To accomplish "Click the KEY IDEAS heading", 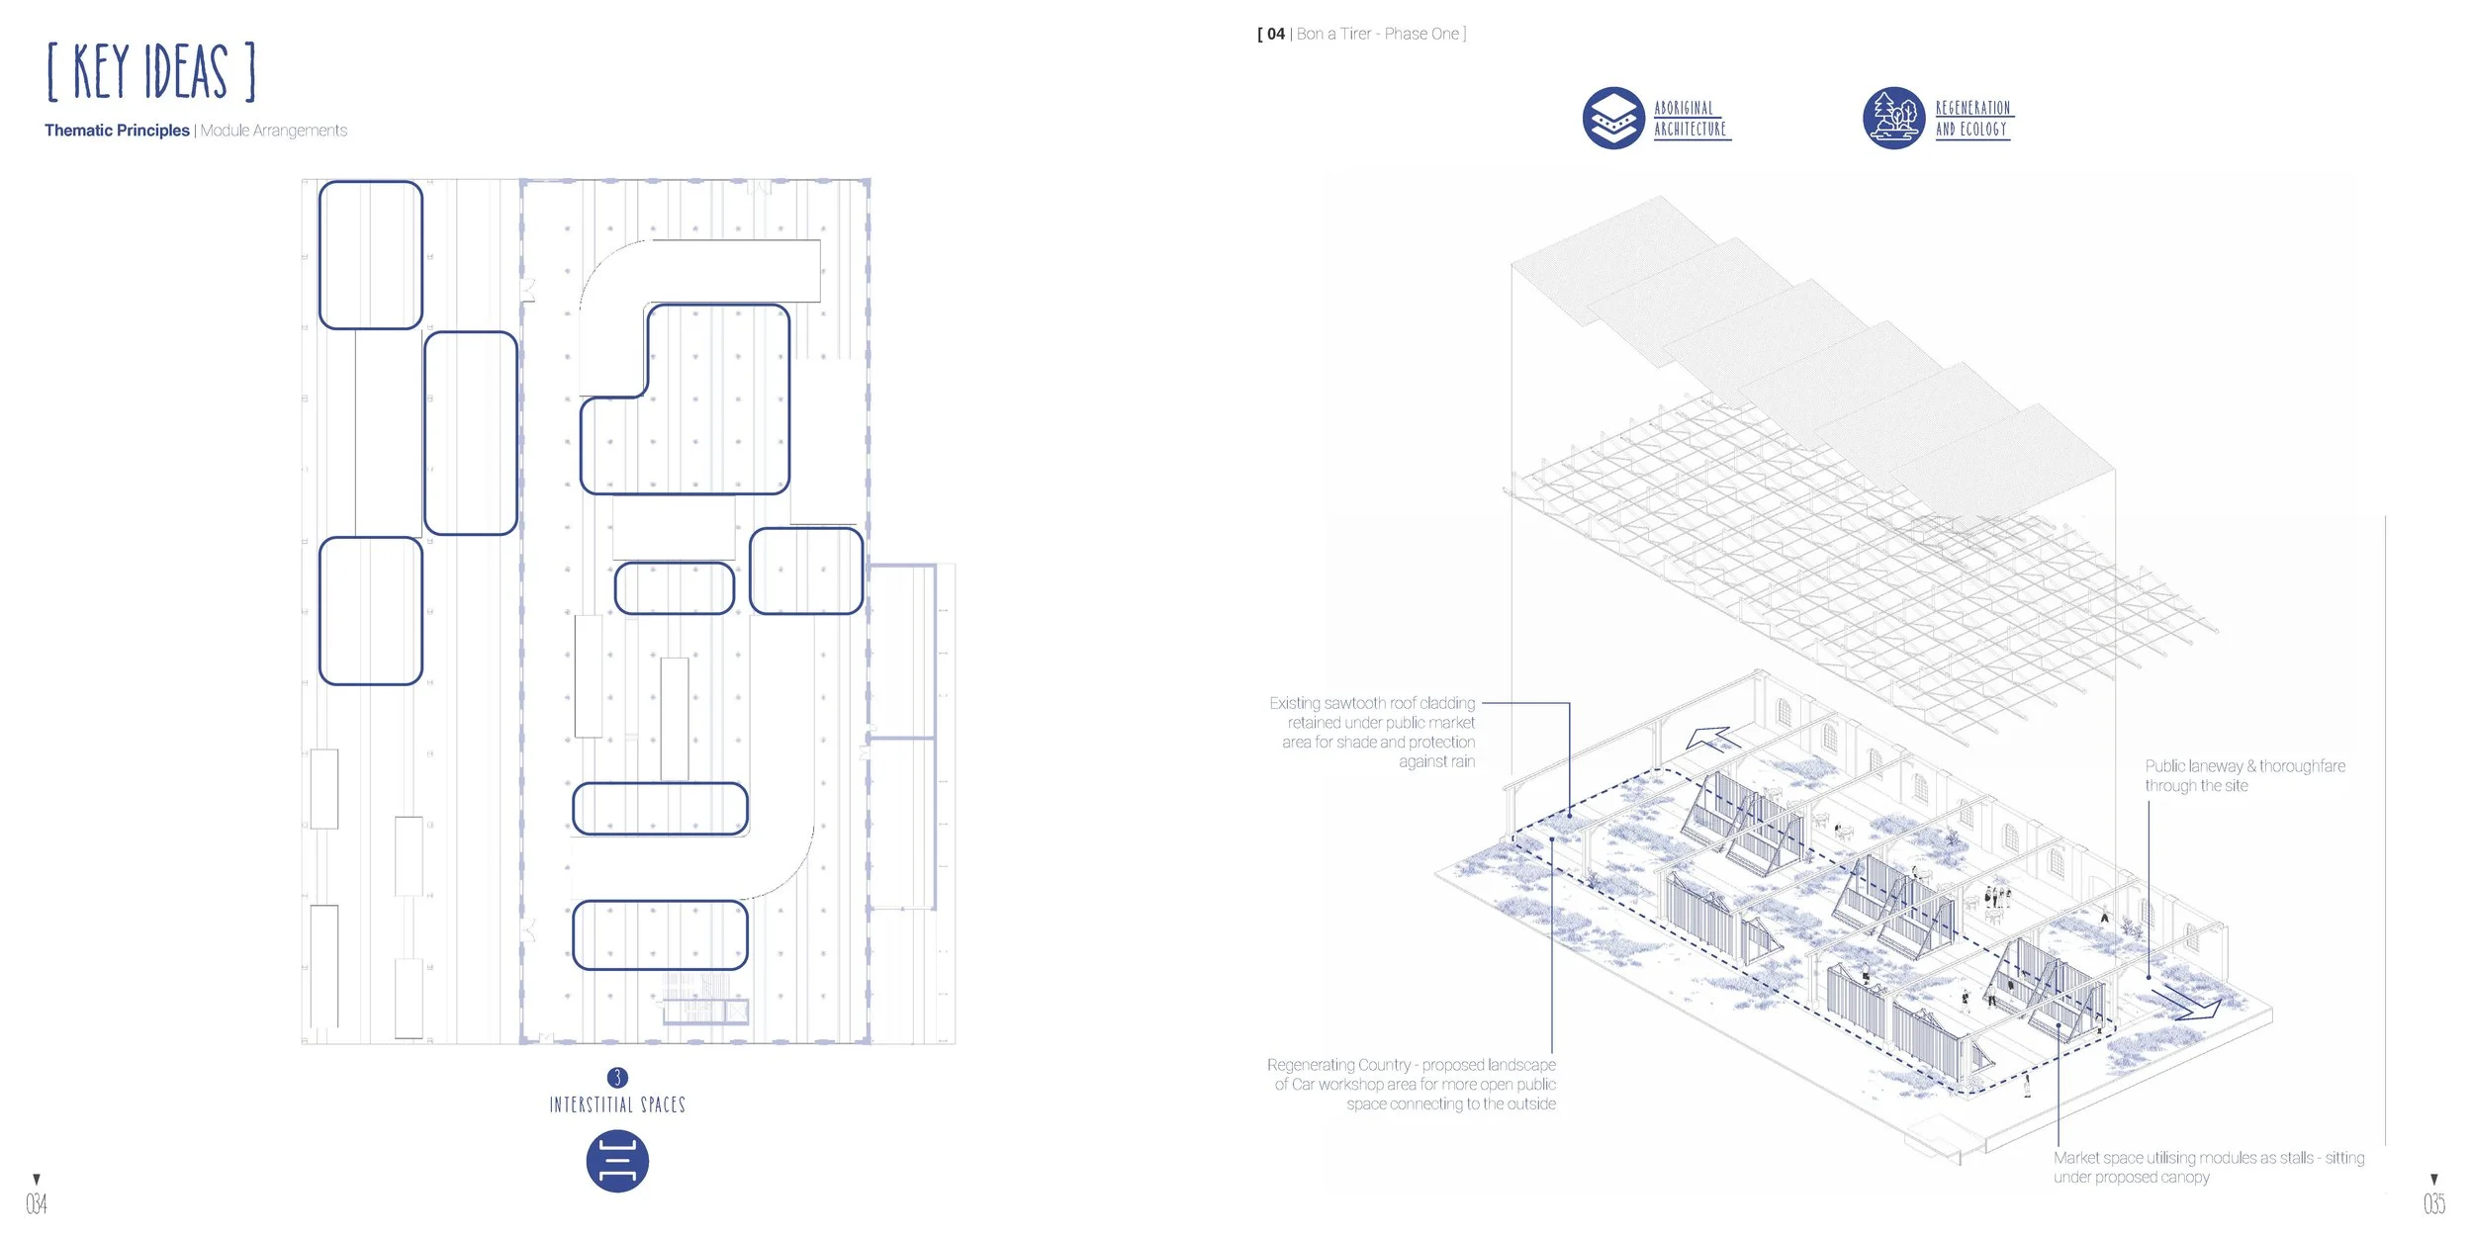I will pyautogui.click(x=150, y=71).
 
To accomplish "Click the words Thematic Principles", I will pyautogui.click(x=117, y=131).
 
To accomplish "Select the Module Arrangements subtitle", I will pyautogui.click(x=274, y=131).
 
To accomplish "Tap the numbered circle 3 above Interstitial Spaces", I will pyautogui.click(x=617, y=1077).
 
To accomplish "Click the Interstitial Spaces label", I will pyautogui.click(x=617, y=1104).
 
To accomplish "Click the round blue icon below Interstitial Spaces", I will pyautogui.click(x=617, y=1161).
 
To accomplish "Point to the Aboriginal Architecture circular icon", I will pyautogui.click(x=1613, y=118).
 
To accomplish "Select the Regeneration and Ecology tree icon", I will pyautogui.click(x=1893, y=118).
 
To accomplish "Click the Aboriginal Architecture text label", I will pyautogui.click(x=1691, y=119).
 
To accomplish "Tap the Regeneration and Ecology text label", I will pyautogui.click(x=1972, y=119).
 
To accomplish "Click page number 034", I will pyautogui.click(x=37, y=1203).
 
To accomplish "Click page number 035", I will pyautogui.click(x=2433, y=1203).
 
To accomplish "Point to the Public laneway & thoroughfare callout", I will pyautogui.click(x=2244, y=775).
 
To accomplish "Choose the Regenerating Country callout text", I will pyautogui.click(x=1412, y=1084).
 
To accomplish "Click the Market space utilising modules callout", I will pyautogui.click(x=2208, y=1167).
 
